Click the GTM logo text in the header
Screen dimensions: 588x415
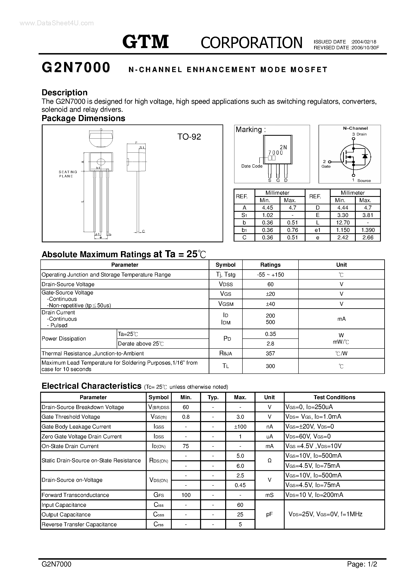pos(145,42)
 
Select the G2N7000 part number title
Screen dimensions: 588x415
pos(76,68)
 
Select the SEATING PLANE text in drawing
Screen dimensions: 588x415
pos(68,174)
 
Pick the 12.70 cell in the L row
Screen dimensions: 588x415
pos(343,223)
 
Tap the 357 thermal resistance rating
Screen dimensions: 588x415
pos(270,353)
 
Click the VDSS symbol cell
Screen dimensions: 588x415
pos(225,284)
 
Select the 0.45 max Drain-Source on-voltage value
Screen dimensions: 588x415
pos(240,485)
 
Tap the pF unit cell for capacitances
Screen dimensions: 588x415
pos(269,514)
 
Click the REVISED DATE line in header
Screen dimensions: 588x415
pos(346,48)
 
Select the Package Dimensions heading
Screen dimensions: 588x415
pos(83,118)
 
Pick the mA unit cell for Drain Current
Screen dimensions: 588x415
pos(341,319)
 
